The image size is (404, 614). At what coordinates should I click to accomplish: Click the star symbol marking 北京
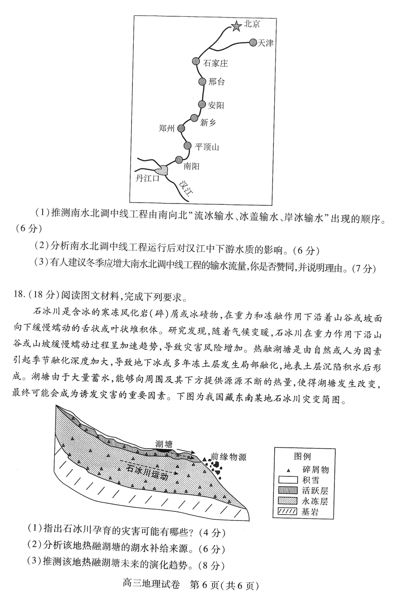coord(236,26)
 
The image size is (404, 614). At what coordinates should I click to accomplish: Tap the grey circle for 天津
coord(252,43)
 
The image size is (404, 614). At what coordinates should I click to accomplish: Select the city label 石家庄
coord(215,63)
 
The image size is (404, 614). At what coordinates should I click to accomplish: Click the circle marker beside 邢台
coord(202,81)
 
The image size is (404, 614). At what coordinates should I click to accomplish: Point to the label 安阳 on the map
coord(216,105)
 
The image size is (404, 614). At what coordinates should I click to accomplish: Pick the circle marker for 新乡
coord(194,118)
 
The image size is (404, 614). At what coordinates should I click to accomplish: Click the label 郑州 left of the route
coord(166,128)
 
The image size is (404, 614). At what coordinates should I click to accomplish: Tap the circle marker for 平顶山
coord(188,145)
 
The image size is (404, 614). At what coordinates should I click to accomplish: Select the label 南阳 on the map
coord(192,166)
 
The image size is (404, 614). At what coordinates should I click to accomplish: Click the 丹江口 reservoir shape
coord(161,170)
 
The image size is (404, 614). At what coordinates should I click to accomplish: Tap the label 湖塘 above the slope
coord(164,444)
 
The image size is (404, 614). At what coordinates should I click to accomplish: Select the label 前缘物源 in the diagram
coord(228,456)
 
